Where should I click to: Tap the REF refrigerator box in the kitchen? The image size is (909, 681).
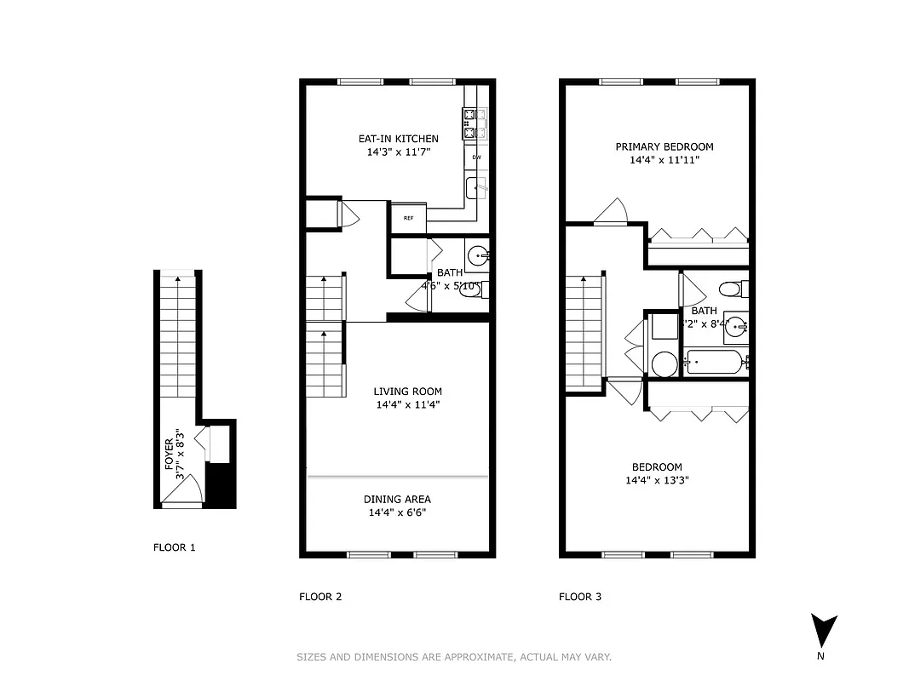coord(408,218)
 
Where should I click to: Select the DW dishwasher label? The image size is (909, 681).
coord(476,157)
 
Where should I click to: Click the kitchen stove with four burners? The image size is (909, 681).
coord(474,123)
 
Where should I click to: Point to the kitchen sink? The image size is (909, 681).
coord(475,187)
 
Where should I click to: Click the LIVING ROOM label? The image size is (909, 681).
coord(407,392)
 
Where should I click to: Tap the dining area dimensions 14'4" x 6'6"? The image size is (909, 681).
coord(397,513)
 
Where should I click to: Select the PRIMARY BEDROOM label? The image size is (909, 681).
coord(664,146)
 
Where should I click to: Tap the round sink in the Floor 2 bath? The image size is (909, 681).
coord(478,255)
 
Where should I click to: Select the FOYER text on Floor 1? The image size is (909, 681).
coord(169,454)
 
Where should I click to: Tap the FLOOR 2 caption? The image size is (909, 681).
coord(320,597)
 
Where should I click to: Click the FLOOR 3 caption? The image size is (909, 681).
coord(580,597)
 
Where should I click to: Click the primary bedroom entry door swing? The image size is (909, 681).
coord(612,212)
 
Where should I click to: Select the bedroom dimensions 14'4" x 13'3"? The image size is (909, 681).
coord(657,480)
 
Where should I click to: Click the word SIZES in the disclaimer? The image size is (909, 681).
coord(310,656)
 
